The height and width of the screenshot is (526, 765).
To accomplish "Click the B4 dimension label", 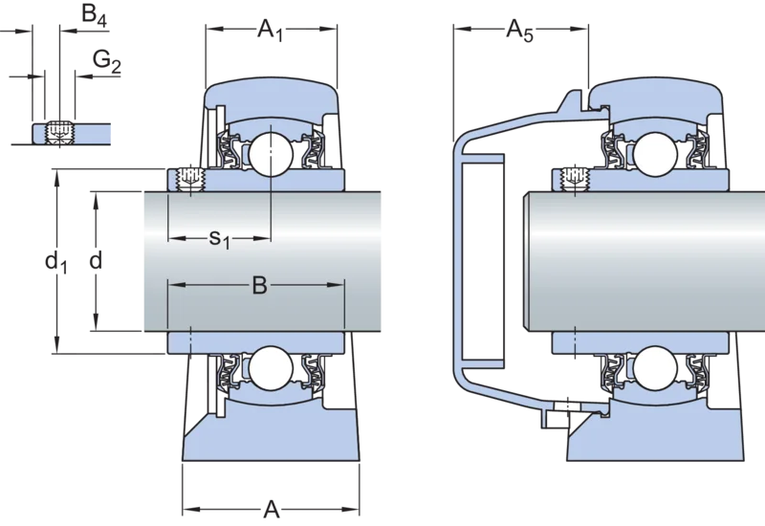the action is point(94,14).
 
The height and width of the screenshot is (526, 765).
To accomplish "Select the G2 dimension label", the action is point(107,62).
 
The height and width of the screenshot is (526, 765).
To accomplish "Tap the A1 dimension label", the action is point(271,32).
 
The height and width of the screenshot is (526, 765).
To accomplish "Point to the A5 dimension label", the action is point(519,32).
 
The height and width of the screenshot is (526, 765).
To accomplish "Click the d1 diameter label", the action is point(56,262).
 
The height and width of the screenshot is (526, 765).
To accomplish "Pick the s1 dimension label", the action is point(219,239).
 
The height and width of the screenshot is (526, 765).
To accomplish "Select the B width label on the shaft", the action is point(260,285).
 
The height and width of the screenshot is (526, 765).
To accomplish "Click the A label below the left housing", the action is point(272,510).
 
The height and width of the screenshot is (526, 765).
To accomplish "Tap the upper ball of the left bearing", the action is point(271,154).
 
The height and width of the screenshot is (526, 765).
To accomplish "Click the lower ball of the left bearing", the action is point(271,368).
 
